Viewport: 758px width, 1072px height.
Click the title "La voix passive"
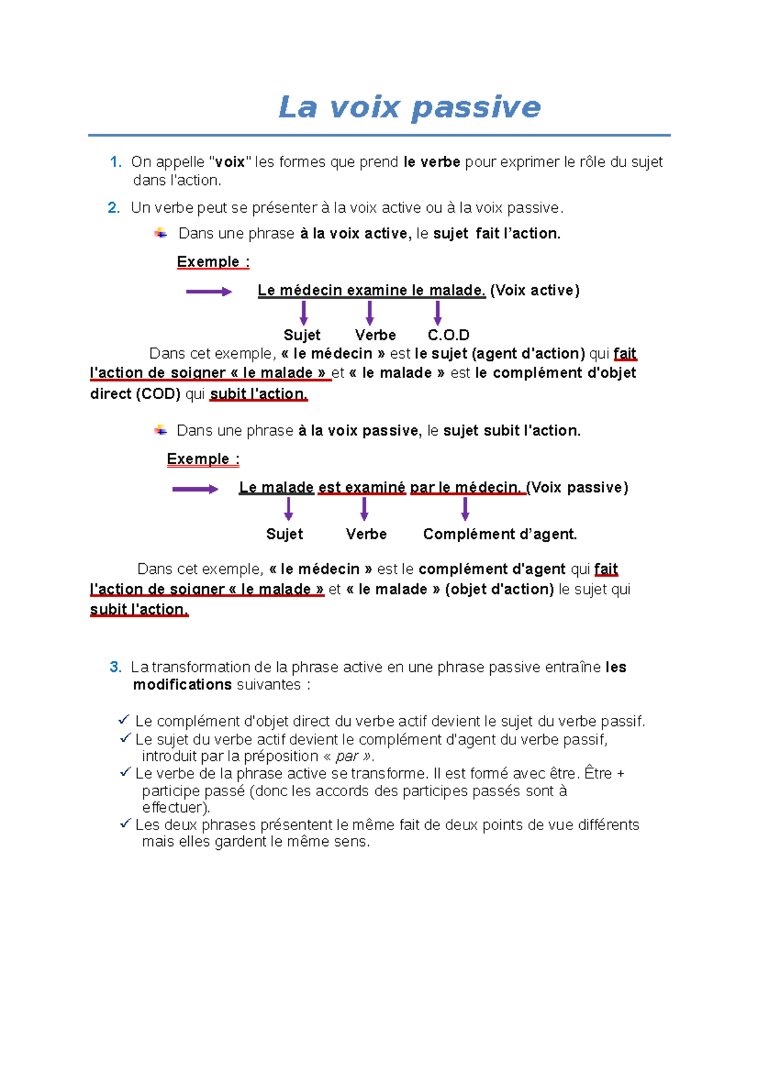tap(409, 107)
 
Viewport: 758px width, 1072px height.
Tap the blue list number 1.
tap(115, 162)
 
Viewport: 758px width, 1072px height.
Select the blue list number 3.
tap(115, 667)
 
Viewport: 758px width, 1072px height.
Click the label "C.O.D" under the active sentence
tap(448, 335)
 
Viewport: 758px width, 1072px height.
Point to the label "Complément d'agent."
tap(500, 534)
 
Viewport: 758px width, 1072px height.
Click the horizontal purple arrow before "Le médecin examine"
tap(209, 292)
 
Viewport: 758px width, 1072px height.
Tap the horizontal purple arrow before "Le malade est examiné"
tap(195, 489)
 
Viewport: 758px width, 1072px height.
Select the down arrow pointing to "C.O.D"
tap(437, 313)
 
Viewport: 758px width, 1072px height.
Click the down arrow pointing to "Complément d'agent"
tap(465, 509)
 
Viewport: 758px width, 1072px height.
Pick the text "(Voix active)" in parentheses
tap(534, 290)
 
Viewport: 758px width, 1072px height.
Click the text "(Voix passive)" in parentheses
tap(577, 487)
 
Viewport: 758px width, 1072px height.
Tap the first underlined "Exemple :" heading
tap(213, 262)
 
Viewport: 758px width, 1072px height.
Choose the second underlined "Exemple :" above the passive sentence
tap(203, 459)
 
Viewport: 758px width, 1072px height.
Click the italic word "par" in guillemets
tap(347, 756)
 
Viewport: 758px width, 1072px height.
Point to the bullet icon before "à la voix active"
tap(161, 234)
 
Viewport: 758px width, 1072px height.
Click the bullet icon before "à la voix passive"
tap(161, 431)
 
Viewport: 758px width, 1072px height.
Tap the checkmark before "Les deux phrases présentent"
tap(125, 823)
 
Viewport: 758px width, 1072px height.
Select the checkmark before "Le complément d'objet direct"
tap(124, 720)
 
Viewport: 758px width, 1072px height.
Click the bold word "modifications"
tap(182, 685)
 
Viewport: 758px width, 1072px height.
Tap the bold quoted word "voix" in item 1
tap(230, 162)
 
